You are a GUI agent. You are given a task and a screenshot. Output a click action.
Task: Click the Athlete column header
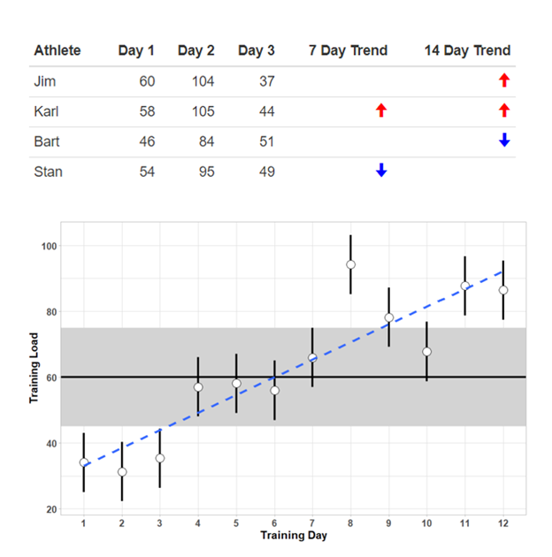pyautogui.click(x=57, y=50)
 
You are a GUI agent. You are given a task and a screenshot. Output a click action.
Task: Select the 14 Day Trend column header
pyautogui.click(x=467, y=50)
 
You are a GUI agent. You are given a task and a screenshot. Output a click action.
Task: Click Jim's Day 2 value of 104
pyautogui.click(x=201, y=81)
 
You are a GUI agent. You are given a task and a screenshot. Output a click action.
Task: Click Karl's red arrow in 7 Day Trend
pyautogui.click(x=381, y=111)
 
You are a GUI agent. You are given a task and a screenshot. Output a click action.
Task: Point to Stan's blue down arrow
pyautogui.click(x=381, y=171)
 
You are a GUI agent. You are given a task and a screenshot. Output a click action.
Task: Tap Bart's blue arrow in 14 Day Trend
pyautogui.click(x=504, y=140)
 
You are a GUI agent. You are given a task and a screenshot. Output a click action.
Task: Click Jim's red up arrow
pyautogui.click(x=504, y=80)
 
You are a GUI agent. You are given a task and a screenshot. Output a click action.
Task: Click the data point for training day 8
pyautogui.click(x=350, y=264)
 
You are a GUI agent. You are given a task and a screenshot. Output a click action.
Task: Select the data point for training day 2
pyautogui.click(x=122, y=472)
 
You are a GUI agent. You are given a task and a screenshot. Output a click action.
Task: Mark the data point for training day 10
pyautogui.click(x=426, y=352)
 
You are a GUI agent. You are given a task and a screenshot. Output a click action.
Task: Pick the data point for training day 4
pyautogui.click(x=198, y=387)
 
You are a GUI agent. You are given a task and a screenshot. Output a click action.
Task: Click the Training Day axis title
pyautogui.click(x=293, y=536)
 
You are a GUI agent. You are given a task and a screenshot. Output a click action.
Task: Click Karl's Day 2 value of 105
pyautogui.click(x=201, y=111)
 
